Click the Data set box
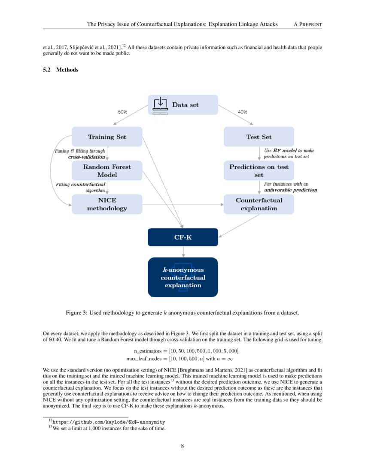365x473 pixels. (x=183, y=104)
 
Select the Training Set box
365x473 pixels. (x=107, y=137)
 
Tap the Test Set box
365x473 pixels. (x=259, y=137)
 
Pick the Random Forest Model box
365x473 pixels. (x=107, y=171)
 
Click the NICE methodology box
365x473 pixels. (x=107, y=204)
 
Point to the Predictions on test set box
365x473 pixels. (x=259, y=171)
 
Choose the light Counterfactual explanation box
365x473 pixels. (x=259, y=204)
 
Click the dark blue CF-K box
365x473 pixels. (x=183, y=237)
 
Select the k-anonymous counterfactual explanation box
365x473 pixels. (x=183, y=277)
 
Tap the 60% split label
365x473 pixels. (x=122, y=112)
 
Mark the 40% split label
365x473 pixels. (x=242, y=112)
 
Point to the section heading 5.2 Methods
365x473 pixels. (x=61, y=70)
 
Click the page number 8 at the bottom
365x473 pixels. (x=182, y=446)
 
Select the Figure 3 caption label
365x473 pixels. (x=79, y=313)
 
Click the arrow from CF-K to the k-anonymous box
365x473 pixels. (x=183, y=252)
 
